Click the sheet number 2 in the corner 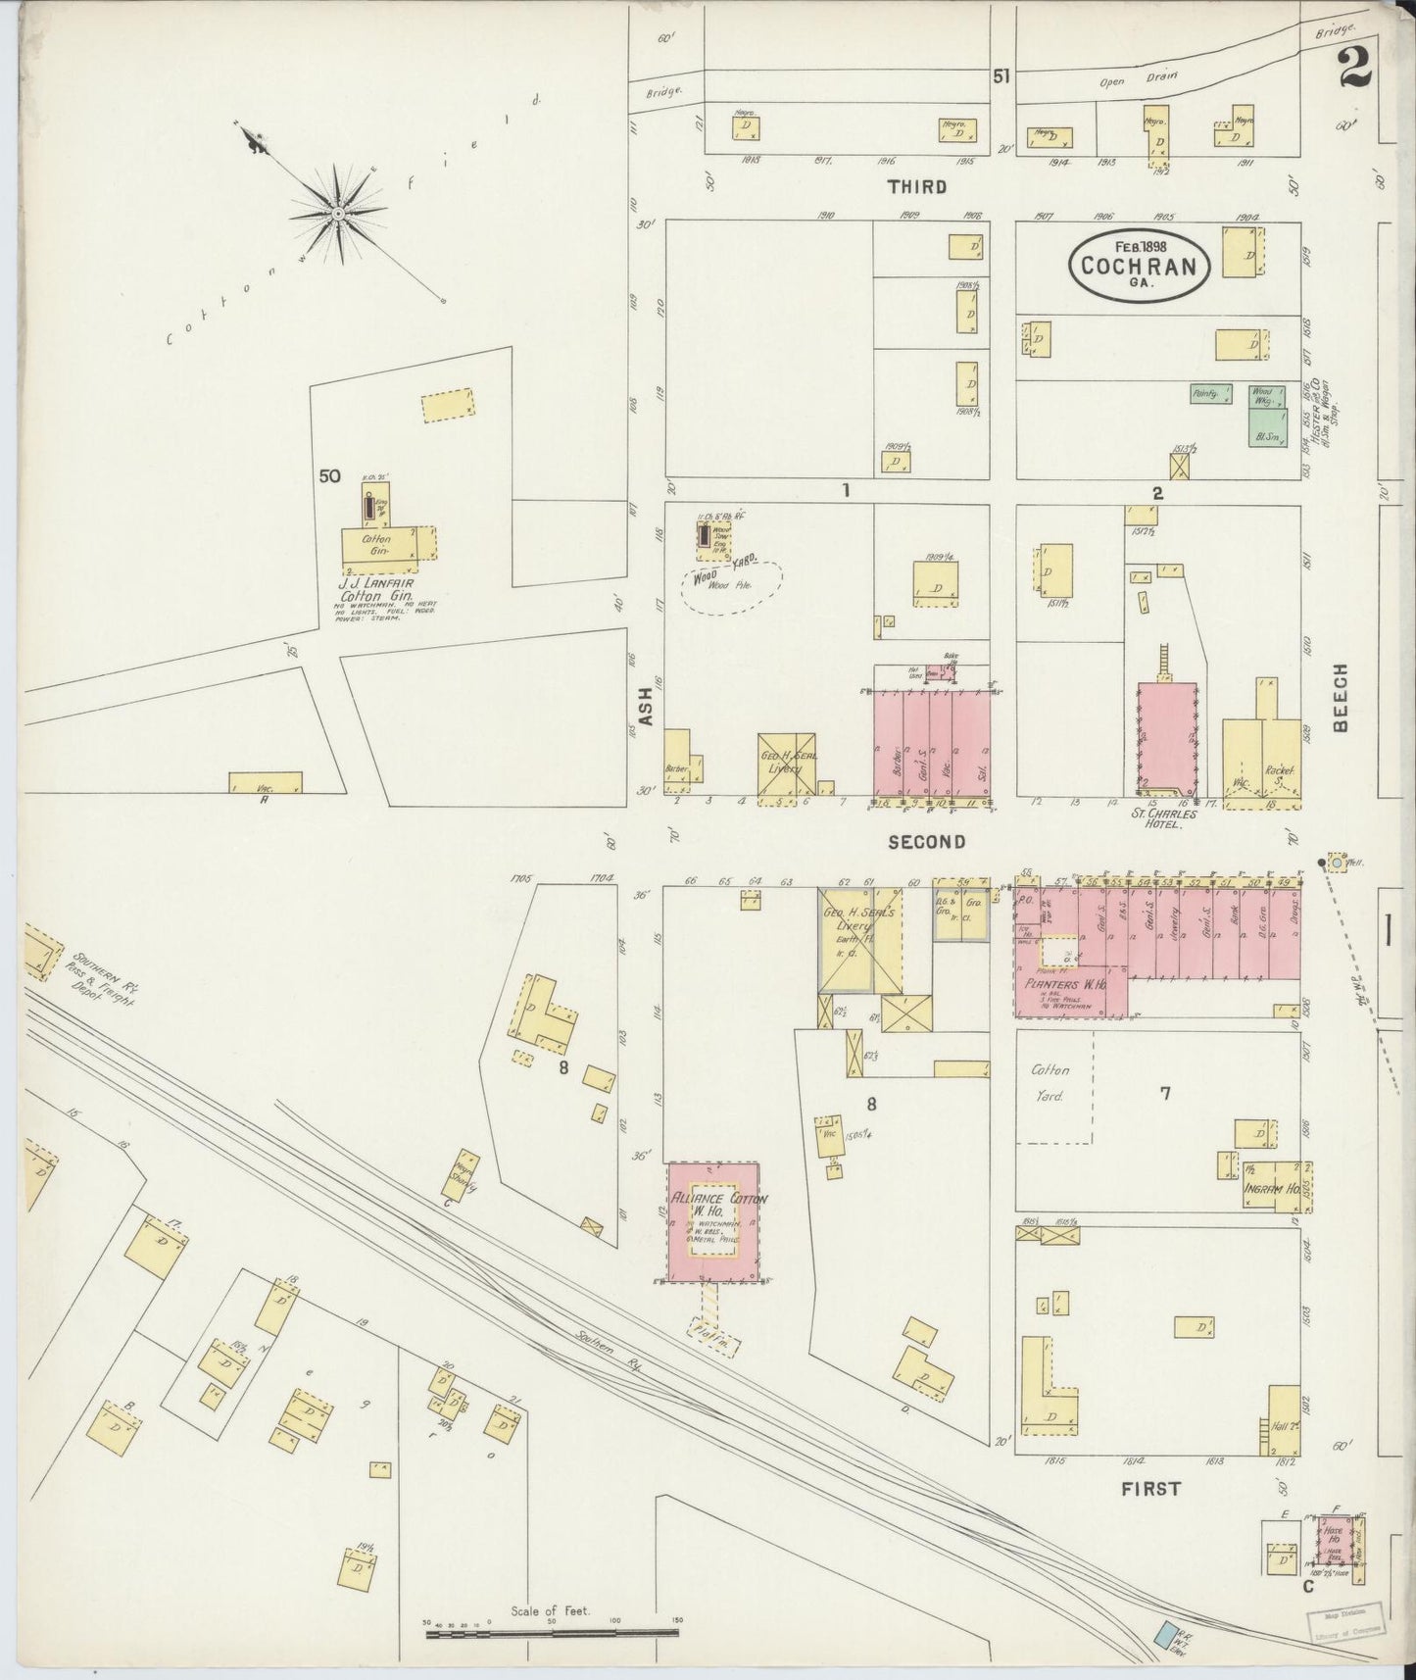click(x=1352, y=68)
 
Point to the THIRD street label click(x=917, y=186)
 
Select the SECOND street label click(x=926, y=842)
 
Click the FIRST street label click(x=1150, y=1489)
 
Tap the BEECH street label click(x=1341, y=697)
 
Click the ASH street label click(x=645, y=705)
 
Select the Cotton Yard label click(x=1050, y=1083)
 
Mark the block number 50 click(x=329, y=476)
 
